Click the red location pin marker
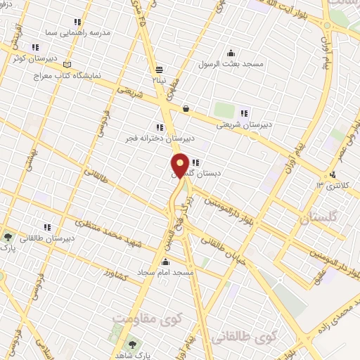180,166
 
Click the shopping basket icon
186,108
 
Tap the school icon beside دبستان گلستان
194,162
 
